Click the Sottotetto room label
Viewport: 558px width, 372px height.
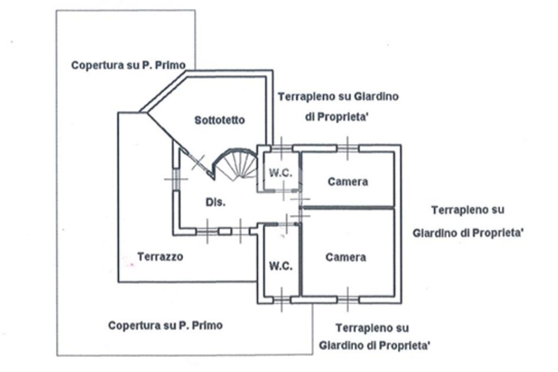pyautogui.click(x=220, y=120)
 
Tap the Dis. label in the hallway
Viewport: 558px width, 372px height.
pyautogui.click(x=216, y=202)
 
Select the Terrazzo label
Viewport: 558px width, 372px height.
pyautogui.click(x=160, y=256)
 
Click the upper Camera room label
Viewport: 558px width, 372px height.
pyautogui.click(x=348, y=182)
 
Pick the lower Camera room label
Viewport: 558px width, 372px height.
pyautogui.click(x=345, y=257)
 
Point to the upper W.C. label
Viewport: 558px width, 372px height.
pyautogui.click(x=281, y=173)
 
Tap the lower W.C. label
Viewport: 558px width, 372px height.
pyautogui.click(x=281, y=266)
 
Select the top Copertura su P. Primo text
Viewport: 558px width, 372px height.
pyautogui.click(x=129, y=65)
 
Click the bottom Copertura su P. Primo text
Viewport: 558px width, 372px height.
pyautogui.click(x=166, y=325)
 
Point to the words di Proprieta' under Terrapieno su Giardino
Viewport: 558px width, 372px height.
pyautogui.click(x=336, y=117)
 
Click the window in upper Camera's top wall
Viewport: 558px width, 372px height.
pyautogui.click(x=348, y=148)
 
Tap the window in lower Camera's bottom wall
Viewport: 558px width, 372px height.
pyautogui.click(x=348, y=299)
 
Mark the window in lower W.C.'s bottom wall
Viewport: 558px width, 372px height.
pyautogui.click(x=282, y=299)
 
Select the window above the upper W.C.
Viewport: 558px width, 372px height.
pyautogui.click(x=282, y=148)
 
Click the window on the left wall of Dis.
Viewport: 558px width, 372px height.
pyautogui.click(x=176, y=179)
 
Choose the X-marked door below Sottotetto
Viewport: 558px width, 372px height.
pyautogui.click(x=198, y=163)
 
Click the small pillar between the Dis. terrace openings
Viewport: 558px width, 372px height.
pyautogui.click(x=225, y=232)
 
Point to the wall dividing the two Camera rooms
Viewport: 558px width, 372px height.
pyautogui.click(x=348, y=207)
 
